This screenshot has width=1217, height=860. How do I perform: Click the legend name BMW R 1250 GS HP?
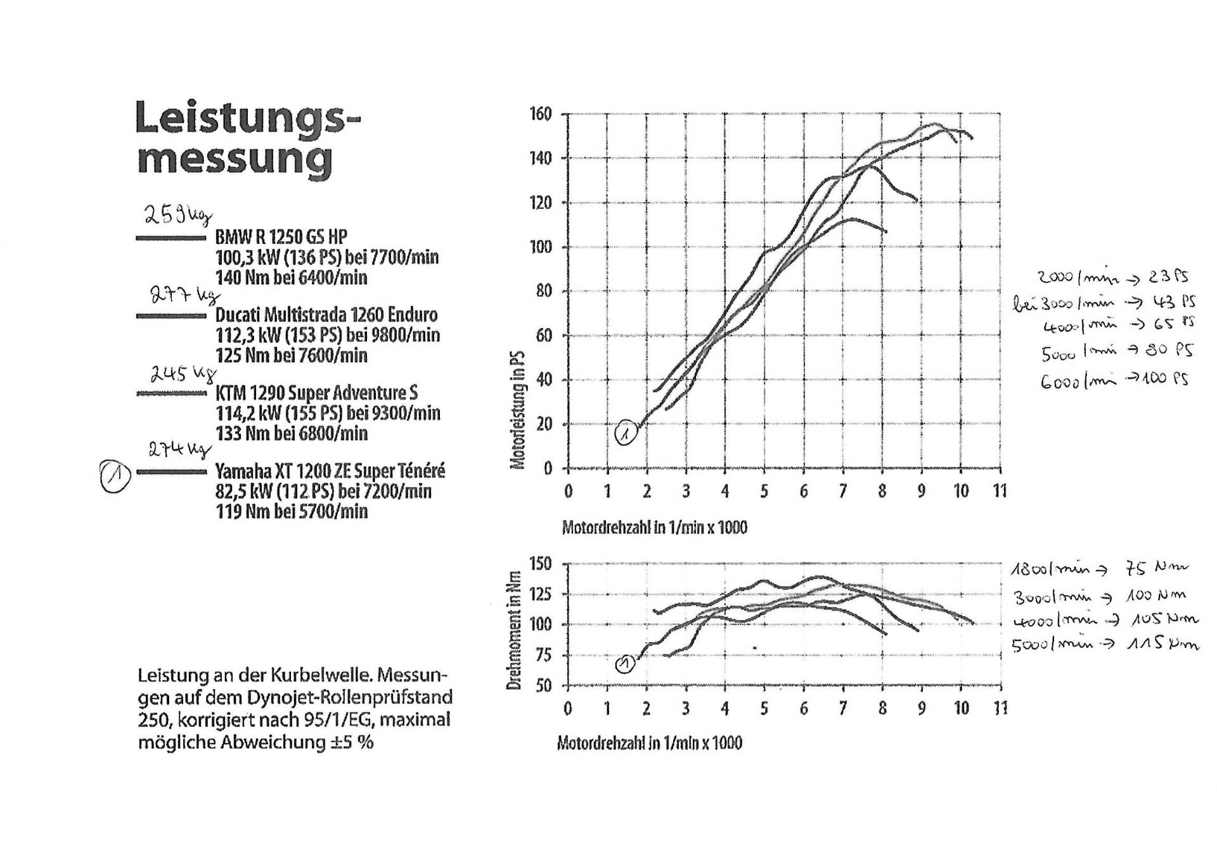tap(281, 237)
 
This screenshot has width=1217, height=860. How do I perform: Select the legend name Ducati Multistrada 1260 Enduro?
tap(326, 315)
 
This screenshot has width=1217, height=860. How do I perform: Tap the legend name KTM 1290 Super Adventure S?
tap(316, 393)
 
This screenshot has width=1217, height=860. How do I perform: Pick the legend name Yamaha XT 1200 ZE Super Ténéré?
tap(330, 471)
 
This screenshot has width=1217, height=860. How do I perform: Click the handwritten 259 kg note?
tap(176, 215)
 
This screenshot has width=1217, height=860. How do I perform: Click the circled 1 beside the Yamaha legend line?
tap(116, 476)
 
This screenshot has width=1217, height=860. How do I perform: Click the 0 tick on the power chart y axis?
tap(548, 469)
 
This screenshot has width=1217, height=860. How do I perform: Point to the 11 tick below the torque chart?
tap(1000, 708)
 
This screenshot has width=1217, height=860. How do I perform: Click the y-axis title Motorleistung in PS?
tap(517, 410)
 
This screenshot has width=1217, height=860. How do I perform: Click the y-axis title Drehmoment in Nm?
tap(514, 630)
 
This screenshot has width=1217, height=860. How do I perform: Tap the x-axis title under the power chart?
tap(654, 527)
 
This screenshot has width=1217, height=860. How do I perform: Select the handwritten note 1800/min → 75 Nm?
tap(1099, 568)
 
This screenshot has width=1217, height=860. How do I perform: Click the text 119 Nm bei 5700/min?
tap(292, 512)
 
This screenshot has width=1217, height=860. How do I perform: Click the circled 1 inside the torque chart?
tap(625, 664)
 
